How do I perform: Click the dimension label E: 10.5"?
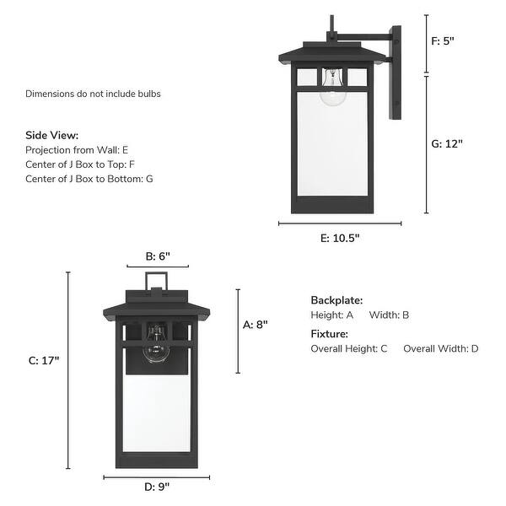click(x=340, y=238)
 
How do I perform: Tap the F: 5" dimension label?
click(x=443, y=40)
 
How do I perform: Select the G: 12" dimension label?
click(x=448, y=143)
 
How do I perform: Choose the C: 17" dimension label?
click(x=44, y=360)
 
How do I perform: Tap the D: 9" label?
click(x=156, y=487)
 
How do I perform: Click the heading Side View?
click(x=51, y=135)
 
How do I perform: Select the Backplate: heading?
click(x=336, y=299)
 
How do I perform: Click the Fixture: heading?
click(x=329, y=334)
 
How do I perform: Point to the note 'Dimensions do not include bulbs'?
click(x=93, y=94)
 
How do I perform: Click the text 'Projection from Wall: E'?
click(x=77, y=149)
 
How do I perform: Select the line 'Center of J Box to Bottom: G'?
click(x=89, y=179)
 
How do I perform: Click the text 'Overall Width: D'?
click(x=440, y=348)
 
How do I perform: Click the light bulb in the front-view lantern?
click(x=156, y=347)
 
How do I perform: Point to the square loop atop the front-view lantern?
click(x=156, y=280)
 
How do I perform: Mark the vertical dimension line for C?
click(x=68, y=370)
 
